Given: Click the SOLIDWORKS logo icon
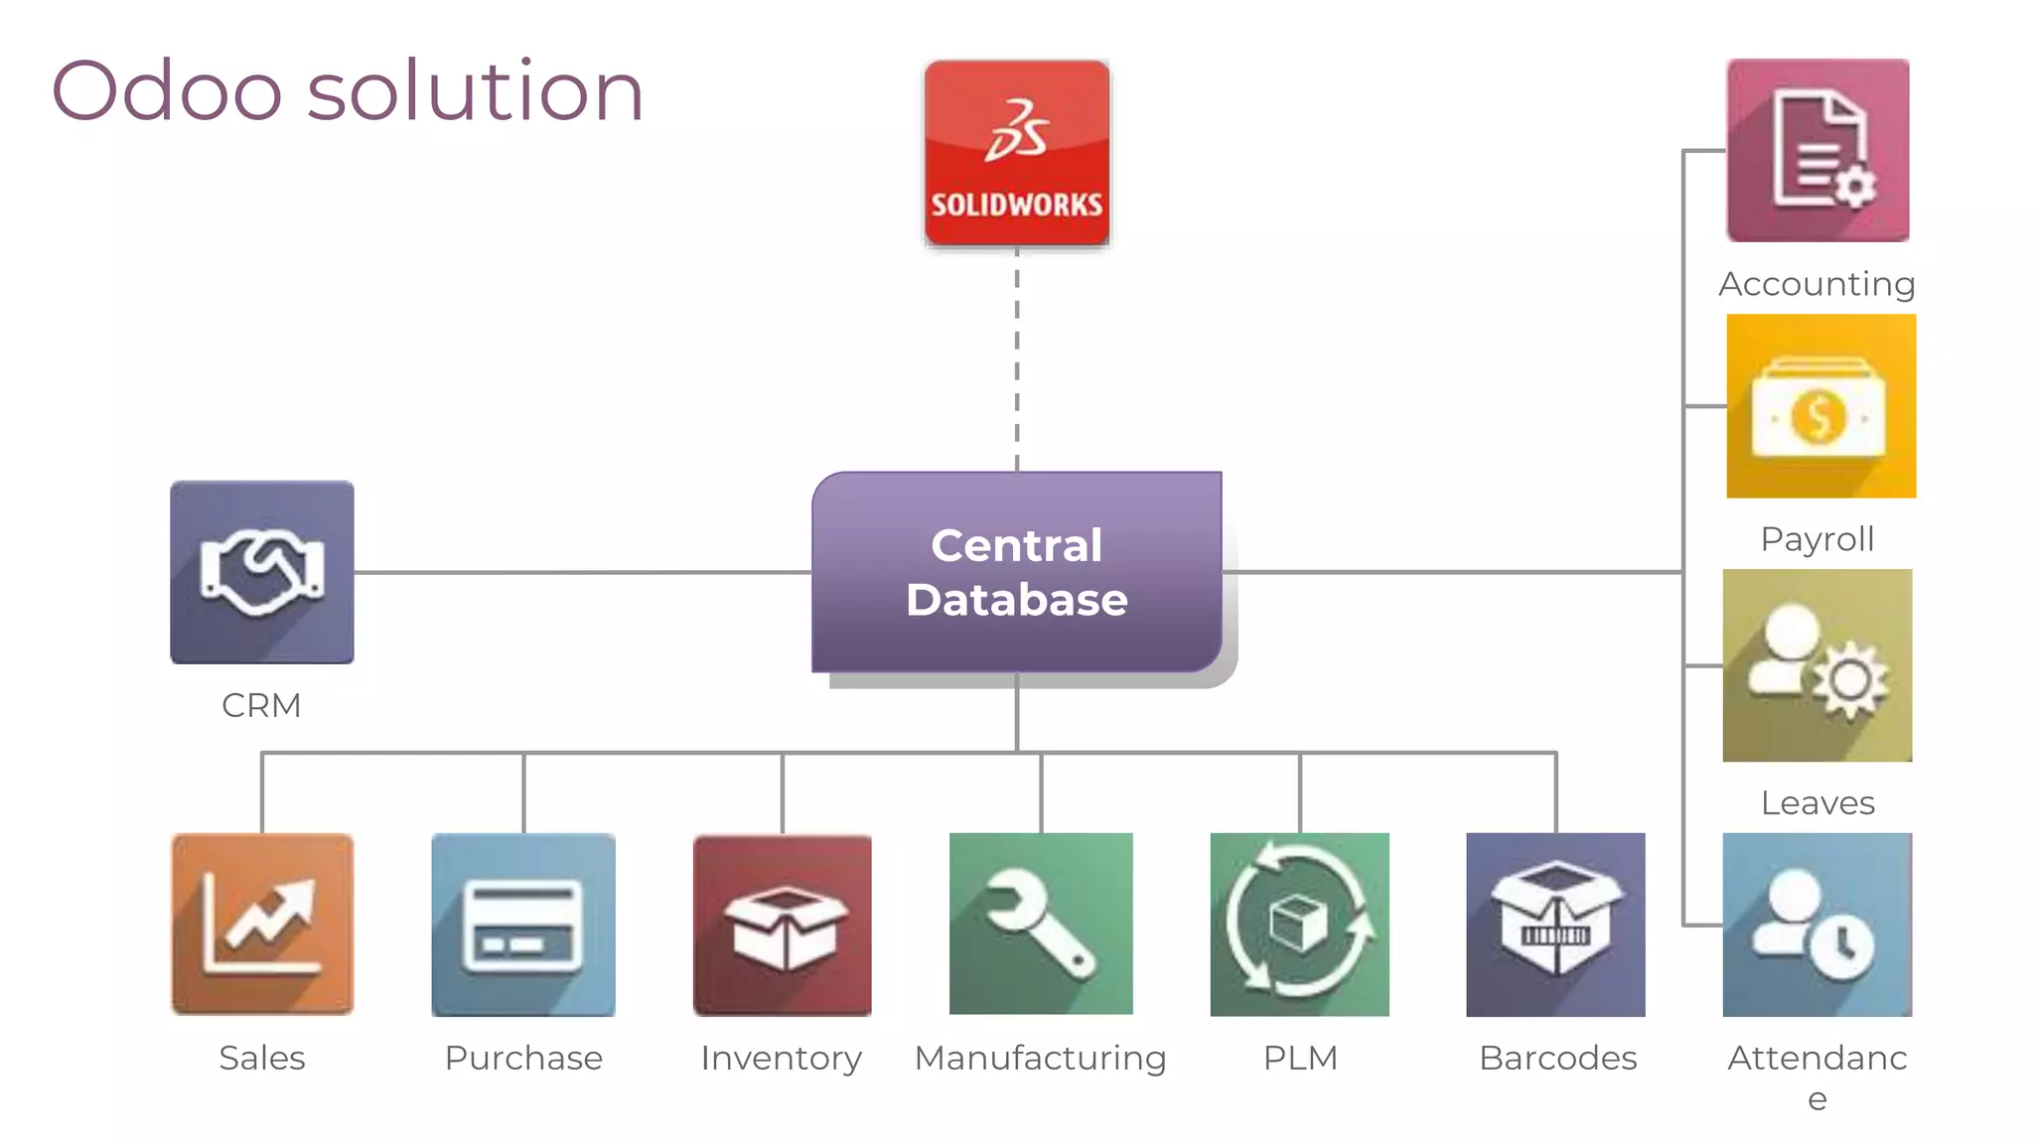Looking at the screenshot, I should [x=1016, y=152].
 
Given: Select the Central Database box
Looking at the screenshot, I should [x=1016, y=572].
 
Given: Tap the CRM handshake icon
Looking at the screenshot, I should [x=261, y=572].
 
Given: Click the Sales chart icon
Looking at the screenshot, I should [x=262, y=924].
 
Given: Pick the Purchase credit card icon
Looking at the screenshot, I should [x=523, y=924].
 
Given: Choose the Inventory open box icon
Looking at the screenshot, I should [x=782, y=924].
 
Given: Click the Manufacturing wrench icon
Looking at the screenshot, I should [x=1041, y=924].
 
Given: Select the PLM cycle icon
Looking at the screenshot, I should [x=1299, y=924].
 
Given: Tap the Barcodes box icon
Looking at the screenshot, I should [x=1555, y=924].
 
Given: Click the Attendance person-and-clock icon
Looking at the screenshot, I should [x=1816, y=924].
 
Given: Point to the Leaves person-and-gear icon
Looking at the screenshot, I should [x=1816, y=665].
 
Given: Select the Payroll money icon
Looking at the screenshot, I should [x=1820, y=405].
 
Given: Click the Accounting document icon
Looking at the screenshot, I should [x=1817, y=150].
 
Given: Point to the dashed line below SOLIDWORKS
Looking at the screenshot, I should [x=1017, y=357].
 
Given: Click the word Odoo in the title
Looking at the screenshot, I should [x=167, y=91].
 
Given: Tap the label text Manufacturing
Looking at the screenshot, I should [x=1040, y=1059].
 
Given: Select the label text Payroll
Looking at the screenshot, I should [x=1817, y=539].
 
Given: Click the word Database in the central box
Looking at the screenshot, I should [x=1016, y=600].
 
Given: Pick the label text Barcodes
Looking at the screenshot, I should [x=1557, y=1059].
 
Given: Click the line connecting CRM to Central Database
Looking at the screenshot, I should [x=582, y=572].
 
